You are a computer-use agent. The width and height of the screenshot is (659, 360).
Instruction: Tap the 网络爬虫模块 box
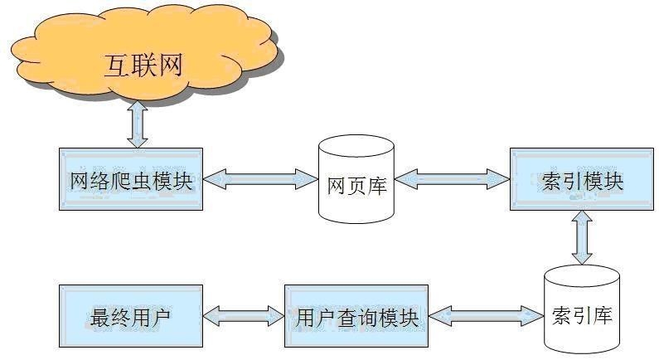131,179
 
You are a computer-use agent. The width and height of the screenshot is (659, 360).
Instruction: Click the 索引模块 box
579,179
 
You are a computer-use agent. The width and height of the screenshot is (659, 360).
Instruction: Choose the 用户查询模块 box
356,315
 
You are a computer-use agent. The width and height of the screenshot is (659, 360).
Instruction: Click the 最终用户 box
131,315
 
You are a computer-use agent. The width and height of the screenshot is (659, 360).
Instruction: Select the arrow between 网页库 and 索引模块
452,177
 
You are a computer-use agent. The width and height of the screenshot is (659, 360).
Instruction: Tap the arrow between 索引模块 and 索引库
582,236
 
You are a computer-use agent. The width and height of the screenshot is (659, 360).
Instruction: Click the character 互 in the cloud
118,65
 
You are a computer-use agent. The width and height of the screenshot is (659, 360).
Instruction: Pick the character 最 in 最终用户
99,317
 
